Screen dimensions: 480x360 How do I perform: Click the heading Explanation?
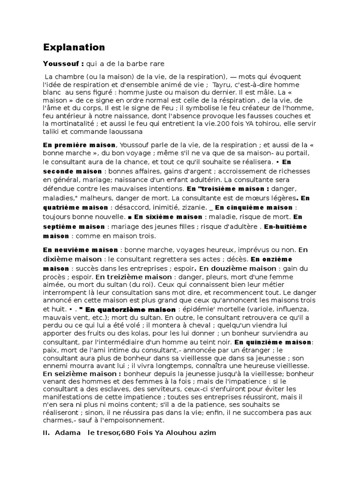(x=74, y=47)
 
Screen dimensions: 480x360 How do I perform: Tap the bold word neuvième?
(x=75, y=250)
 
